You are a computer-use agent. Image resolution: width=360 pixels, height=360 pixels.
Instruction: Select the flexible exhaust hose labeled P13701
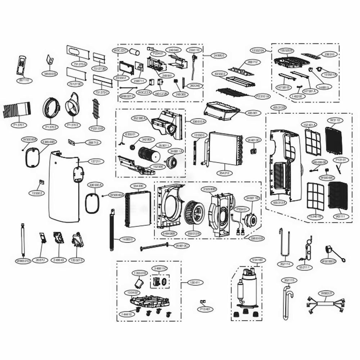(17, 110)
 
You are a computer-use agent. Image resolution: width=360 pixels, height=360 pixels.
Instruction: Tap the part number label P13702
(52, 127)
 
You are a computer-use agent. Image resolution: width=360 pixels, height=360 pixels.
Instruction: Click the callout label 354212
(224, 173)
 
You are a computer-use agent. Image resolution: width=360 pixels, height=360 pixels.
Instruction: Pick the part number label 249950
(219, 56)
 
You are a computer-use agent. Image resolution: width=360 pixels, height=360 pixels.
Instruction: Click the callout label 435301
(252, 113)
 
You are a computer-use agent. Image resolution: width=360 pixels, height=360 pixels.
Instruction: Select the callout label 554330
(138, 186)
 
